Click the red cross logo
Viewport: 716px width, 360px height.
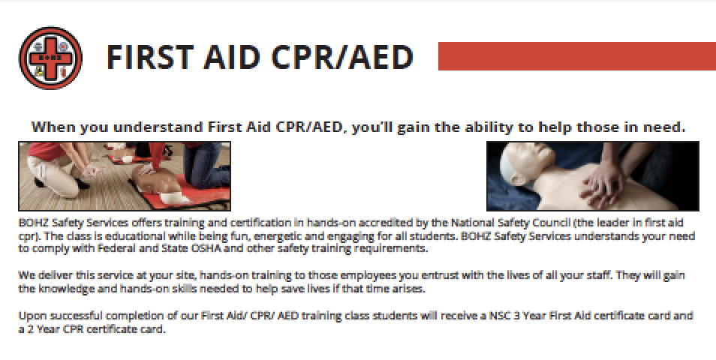coord(50,58)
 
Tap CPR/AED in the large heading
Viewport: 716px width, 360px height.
coord(342,57)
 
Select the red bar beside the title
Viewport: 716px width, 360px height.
coord(576,56)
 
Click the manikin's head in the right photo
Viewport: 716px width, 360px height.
coord(525,162)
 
